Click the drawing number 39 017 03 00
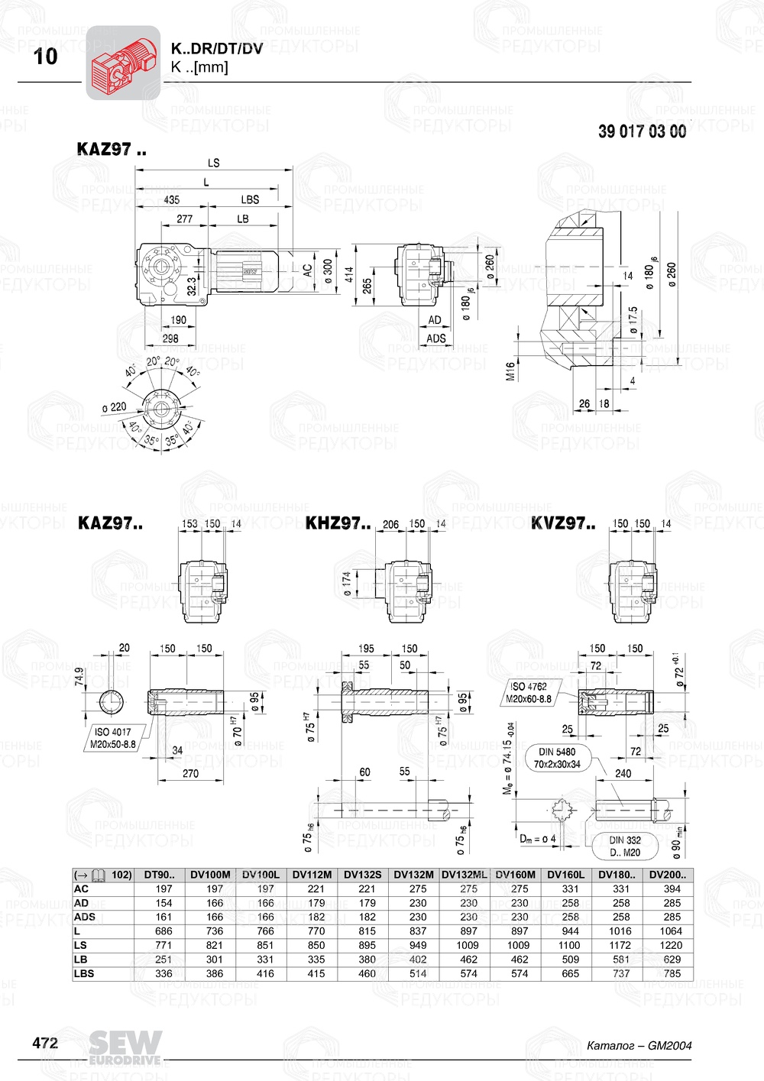(642, 131)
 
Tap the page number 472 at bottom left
(45, 1043)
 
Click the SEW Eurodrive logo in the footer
(125, 1047)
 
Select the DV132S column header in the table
(362, 875)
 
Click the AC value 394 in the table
(672, 888)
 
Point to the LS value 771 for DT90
(163, 945)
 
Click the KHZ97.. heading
(338, 524)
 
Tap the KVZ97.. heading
(563, 524)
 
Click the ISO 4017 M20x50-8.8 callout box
(112, 738)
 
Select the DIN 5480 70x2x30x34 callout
(557, 758)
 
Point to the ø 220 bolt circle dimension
(115, 407)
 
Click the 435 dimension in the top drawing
(171, 200)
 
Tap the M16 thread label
(510, 371)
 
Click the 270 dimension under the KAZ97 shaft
(190, 773)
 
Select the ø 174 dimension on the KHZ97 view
(346, 584)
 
